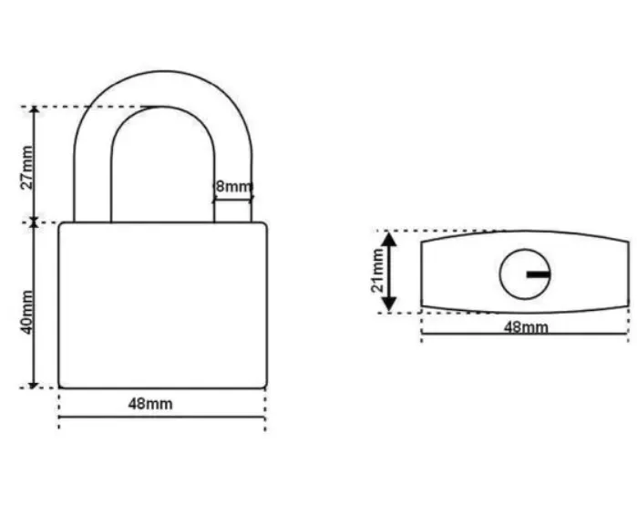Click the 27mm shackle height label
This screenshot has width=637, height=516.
pos(26,168)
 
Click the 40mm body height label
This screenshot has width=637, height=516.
pos(26,312)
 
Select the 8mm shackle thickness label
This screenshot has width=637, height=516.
pos(233,187)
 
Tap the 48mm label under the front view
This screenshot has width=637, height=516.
pos(150,404)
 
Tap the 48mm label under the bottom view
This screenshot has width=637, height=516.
pos(526,327)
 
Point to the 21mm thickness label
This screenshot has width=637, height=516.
pos(377,270)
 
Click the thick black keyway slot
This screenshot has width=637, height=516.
pos(539,274)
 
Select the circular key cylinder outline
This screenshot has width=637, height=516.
pos(499,274)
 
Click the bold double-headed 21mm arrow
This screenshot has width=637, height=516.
pos(390,272)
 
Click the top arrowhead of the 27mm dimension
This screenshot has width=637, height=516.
pos(35,110)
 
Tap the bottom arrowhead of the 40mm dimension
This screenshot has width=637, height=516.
pos(34,385)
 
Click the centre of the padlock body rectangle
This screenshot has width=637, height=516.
pos(163,305)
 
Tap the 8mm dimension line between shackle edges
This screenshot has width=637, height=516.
pos(233,199)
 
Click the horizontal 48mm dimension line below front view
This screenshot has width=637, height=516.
pos(162,417)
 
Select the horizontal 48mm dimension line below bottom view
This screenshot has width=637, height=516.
pos(525,334)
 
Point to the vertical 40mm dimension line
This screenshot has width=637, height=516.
pos(34,305)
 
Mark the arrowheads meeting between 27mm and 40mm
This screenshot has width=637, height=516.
pos(34,222)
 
